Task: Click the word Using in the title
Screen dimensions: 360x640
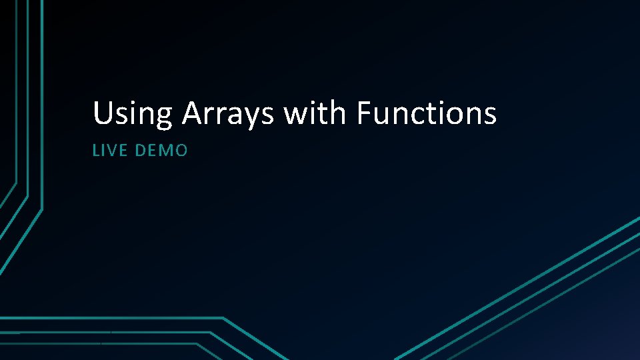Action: click(x=132, y=114)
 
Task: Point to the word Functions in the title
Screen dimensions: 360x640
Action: click(x=427, y=113)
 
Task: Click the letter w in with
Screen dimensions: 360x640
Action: click(x=295, y=115)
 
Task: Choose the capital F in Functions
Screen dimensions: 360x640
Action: click(x=364, y=113)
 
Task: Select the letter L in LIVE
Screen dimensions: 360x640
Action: click(x=95, y=151)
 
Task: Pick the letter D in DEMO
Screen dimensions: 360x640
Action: click(x=139, y=151)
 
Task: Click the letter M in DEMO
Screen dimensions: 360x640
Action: click(x=166, y=151)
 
